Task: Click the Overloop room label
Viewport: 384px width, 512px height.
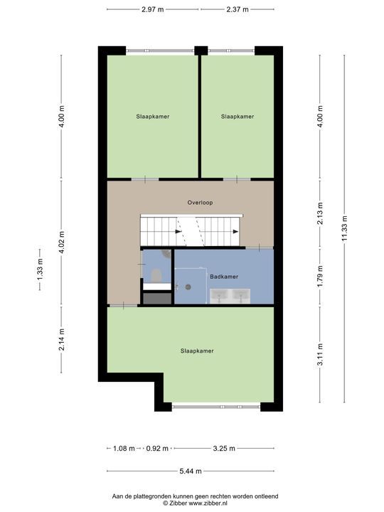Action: (200, 203)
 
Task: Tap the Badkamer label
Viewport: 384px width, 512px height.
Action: (224, 277)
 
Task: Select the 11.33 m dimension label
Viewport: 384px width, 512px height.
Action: (344, 228)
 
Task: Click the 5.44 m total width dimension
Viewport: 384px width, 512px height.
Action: (191, 471)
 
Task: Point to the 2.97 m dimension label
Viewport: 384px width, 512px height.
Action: (152, 9)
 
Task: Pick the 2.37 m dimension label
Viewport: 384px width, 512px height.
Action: (238, 9)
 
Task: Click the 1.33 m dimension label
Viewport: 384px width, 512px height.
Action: (40, 270)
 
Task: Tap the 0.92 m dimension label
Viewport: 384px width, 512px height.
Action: (157, 448)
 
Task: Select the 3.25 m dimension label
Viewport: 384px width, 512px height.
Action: (224, 448)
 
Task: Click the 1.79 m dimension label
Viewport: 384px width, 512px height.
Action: (320, 276)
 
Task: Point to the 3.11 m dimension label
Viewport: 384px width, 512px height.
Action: (320, 355)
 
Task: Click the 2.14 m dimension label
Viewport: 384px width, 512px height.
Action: (61, 340)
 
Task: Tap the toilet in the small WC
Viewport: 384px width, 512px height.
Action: (156, 276)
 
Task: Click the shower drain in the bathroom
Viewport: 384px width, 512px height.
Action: (188, 287)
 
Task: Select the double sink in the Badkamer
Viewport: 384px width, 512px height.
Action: (230, 296)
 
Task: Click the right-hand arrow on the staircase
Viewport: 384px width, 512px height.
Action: (235, 232)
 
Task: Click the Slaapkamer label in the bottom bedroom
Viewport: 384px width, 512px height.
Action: (197, 351)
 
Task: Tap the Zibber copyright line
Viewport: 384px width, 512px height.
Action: (196, 503)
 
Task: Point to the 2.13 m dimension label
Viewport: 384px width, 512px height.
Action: (320, 213)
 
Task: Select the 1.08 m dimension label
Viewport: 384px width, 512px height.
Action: (124, 448)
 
